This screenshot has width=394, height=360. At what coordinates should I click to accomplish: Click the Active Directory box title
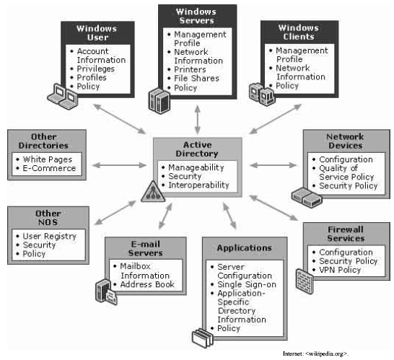[197, 149]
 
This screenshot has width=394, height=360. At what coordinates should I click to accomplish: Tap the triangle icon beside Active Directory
[153, 192]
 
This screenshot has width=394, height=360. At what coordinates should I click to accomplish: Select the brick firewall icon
[305, 281]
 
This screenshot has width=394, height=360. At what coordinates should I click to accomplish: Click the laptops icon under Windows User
[63, 97]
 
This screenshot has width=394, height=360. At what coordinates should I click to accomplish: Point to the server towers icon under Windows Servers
[159, 100]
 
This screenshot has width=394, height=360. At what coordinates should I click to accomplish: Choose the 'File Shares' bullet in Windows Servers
[196, 78]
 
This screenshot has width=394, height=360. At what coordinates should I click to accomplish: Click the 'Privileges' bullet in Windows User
[95, 69]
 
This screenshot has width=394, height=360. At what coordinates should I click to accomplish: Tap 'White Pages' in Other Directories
[48, 159]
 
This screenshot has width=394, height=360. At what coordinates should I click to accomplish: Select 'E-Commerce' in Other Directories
[49, 168]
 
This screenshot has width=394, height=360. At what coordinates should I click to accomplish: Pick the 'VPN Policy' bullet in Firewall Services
[340, 270]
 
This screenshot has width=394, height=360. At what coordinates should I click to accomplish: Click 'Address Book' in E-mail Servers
[147, 284]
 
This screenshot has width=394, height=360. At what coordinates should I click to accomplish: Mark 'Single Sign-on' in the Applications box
[247, 284]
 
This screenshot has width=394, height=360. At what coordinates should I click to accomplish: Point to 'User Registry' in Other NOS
[50, 236]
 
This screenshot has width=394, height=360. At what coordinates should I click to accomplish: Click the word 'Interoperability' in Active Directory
[198, 185]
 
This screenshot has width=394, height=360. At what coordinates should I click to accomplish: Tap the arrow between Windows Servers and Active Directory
[198, 120]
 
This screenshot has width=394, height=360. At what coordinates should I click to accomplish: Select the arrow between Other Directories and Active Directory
[119, 165]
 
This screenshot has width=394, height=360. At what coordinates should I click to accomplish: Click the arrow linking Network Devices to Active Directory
[273, 165]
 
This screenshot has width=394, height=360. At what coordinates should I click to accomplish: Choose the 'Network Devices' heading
[345, 141]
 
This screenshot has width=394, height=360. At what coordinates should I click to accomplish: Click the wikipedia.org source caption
[315, 354]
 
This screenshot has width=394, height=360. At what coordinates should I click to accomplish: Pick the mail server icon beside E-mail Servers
[106, 292]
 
